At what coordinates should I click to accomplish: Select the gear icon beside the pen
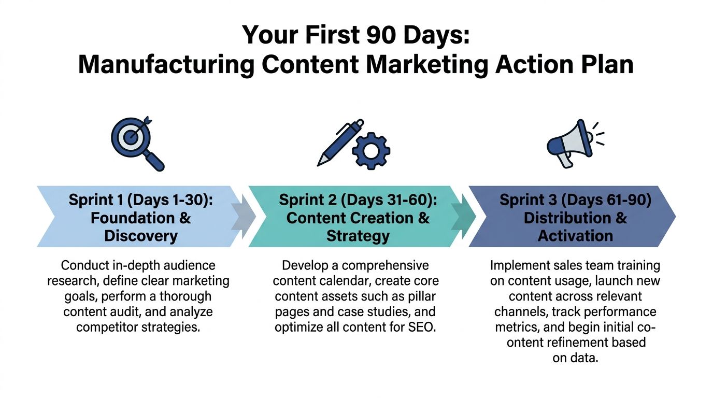tap(370, 150)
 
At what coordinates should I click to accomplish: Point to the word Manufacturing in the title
tap(166, 65)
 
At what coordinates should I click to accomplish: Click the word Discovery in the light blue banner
tap(141, 236)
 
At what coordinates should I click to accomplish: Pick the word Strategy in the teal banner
tap(358, 236)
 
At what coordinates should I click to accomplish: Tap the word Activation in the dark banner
tap(575, 236)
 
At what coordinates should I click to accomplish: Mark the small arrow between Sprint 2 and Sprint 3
tap(463, 216)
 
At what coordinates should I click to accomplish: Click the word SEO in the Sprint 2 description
tap(420, 328)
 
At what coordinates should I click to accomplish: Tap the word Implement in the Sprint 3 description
tap(519, 266)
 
